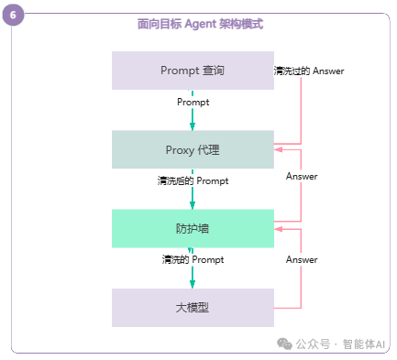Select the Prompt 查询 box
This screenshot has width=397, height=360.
point(193,71)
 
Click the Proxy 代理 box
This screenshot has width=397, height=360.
point(193,149)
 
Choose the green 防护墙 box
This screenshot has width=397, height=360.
point(193,228)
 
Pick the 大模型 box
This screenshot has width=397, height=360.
point(193,308)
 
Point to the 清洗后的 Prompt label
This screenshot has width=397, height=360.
point(193,181)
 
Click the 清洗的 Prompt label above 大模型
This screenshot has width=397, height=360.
point(193,260)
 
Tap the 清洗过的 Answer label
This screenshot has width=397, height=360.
point(309,71)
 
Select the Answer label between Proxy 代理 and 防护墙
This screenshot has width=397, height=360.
point(302,176)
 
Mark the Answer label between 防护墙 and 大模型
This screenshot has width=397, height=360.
point(302,260)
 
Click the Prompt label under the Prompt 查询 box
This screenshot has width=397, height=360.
point(193,102)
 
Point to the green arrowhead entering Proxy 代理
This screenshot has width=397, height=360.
point(193,125)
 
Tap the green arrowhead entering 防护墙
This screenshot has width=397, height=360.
point(193,204)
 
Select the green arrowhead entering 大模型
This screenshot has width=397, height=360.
point(193,284)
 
